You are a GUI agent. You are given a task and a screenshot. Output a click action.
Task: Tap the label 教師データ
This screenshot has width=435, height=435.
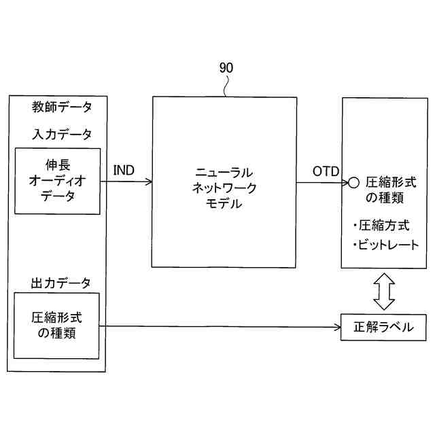click(x=62, y=107)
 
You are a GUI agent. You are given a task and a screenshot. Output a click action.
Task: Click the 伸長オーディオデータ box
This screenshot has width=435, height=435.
click(x=57, y=180)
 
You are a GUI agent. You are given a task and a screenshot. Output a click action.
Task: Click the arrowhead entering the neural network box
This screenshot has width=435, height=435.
click(x=147, y=181)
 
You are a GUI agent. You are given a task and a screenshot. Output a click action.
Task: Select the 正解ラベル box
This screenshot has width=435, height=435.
click(x=384, y=326)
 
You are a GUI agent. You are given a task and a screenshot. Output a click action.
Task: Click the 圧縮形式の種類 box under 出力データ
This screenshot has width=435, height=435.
click(x=57, y=326)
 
